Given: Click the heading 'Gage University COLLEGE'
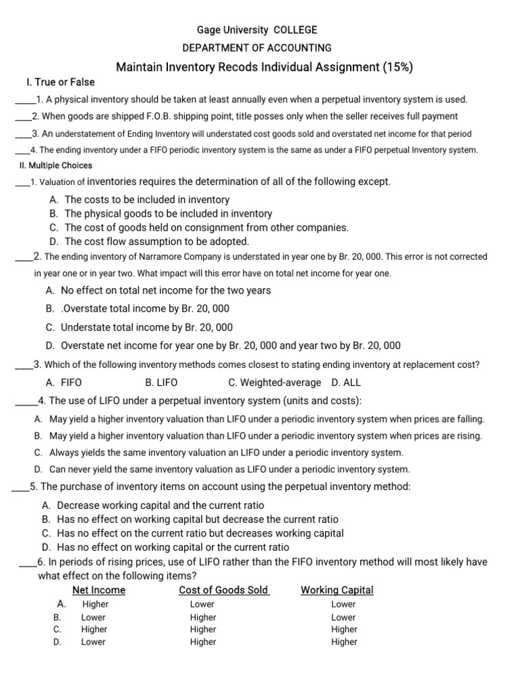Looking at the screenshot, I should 256,30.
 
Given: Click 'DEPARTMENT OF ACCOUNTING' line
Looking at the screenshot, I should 257,48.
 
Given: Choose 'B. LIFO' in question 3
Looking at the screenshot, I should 161,383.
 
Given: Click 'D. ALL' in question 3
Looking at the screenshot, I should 346,383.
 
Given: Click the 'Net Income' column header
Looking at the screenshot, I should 98,590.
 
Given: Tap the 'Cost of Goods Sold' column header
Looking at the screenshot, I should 224,590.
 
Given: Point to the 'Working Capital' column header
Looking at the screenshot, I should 337,590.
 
